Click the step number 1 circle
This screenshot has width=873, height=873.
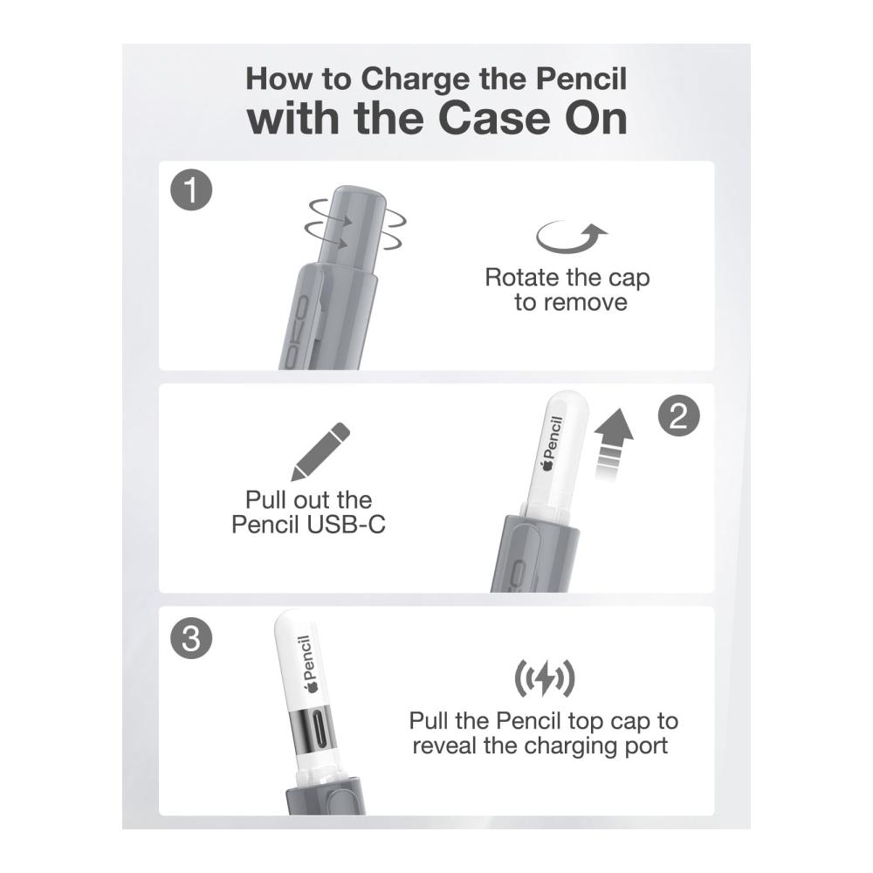[x=191, y=190]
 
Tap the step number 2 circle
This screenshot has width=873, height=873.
[x=678, y=416]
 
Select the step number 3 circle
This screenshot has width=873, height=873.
[x=191, y=638]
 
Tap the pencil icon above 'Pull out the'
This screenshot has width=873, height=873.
[x=320, y=451]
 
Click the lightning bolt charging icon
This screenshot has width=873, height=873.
[x=544, y=678]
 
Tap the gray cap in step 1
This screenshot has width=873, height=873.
[x=350, y=228]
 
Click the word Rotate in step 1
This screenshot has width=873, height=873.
[x=522, y=278]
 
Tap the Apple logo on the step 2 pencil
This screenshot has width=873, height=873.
[x=548, y=464]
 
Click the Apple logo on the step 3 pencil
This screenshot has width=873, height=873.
[x=311, y=686]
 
